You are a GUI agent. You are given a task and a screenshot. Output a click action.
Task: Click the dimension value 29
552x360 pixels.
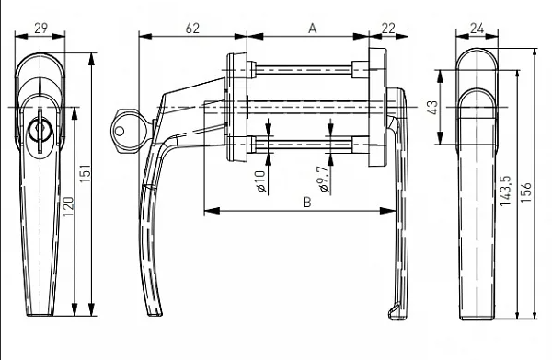click(40, 28)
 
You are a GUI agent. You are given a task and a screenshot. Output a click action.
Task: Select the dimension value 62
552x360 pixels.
click(192, 29)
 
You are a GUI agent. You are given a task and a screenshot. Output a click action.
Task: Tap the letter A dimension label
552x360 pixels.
click(312, 29)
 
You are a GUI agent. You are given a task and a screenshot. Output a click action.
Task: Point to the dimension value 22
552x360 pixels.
click(388, 29)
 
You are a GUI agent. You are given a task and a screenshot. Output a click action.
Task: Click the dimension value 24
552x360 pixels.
click(477, 29)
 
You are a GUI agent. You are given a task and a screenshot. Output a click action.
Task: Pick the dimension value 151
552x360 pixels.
click(86, 173)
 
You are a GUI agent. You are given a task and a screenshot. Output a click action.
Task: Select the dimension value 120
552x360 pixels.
click(68, 207)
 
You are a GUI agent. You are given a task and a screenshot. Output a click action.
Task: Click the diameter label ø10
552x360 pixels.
click(260, 181)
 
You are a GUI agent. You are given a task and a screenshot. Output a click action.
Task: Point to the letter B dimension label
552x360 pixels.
click(307, 203)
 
